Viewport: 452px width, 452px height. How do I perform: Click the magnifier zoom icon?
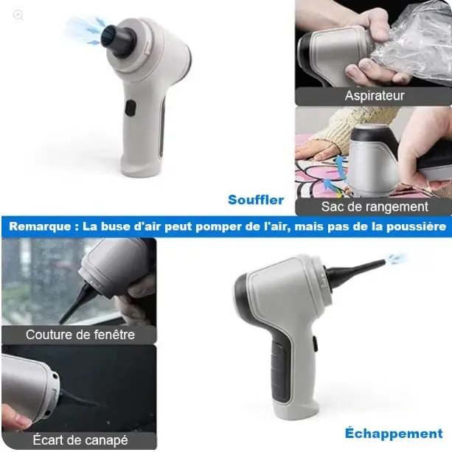[18, 15]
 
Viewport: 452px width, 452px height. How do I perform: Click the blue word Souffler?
[255, 200]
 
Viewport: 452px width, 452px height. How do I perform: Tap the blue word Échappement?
[393, 433]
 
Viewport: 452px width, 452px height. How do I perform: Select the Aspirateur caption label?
[374, 96]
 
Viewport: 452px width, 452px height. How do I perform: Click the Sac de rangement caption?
[374, 206]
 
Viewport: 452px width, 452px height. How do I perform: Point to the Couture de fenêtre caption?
[80, 334]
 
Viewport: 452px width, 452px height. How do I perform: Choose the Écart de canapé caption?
[80, 440]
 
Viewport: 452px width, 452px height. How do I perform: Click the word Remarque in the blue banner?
[41, 227]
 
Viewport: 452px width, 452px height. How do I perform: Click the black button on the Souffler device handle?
[130, 108]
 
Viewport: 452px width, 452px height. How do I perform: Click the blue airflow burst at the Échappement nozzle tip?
[397, 259]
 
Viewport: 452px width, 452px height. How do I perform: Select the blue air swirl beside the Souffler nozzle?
[83, 30]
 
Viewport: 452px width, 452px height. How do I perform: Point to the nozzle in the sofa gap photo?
[81, 398]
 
